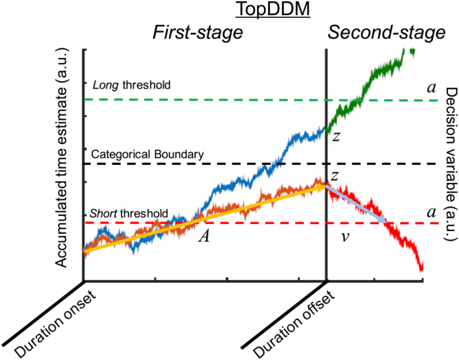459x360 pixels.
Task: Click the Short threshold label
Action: pyautogui.click(x=129, y=213)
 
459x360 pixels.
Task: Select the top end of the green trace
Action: pyautogui.click(x=412, y=50)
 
